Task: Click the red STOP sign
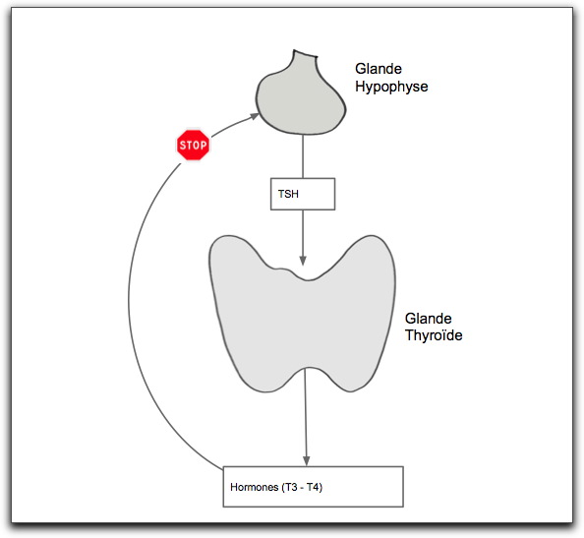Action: coord(193,145)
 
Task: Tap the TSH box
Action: coord(303,194)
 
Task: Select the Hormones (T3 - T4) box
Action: coord(314,487)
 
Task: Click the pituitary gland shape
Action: coord(301,96)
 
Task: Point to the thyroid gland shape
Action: coord(302,314)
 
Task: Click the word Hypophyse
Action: coord(391,88)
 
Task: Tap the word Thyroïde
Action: coord(434,335)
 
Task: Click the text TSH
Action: coord(288,194)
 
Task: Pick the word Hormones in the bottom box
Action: coord(255,487)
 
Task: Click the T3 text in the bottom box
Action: coord(292,487)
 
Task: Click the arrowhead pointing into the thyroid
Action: coord(303,261)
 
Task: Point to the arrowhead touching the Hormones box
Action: coord(306,461)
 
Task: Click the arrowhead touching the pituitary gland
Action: coord(255,117)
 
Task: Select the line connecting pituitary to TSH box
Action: coord(303,156)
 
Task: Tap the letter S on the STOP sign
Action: coord(182,145)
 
